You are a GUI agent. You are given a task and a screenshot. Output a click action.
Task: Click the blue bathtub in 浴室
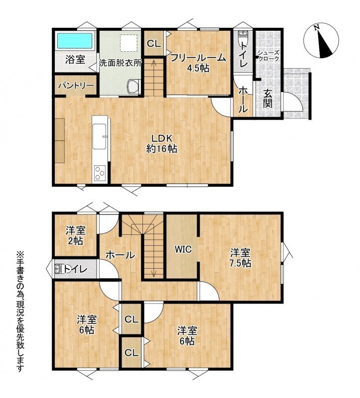[x=74, y=41]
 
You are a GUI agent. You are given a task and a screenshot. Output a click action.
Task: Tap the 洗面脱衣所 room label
[x=120, y=63]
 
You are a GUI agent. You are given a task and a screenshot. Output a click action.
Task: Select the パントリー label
[x=76, y=86]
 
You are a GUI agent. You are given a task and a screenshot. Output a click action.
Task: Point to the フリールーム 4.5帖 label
[x=198, y=63]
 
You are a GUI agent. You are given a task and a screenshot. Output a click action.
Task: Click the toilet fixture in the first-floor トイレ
[x=243, y=36]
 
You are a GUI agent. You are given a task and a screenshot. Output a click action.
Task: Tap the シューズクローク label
[x=269, y=56]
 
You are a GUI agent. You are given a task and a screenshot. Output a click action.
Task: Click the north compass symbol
[x=321, y=41]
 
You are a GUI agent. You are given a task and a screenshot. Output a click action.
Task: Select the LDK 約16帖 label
[x=162, y=143]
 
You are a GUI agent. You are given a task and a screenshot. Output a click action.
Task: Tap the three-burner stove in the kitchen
[x=100, y=173]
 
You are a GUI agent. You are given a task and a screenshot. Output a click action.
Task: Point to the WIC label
[x=183, y=249]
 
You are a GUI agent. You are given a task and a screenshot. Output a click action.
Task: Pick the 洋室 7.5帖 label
[x=240, y=258]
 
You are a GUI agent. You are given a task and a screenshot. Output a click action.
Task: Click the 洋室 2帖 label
[x=76, y=235]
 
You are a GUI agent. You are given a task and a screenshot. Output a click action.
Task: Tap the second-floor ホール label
[x=120, y=255]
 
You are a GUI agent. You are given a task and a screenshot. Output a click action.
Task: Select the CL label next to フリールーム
[x=154, y=44]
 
